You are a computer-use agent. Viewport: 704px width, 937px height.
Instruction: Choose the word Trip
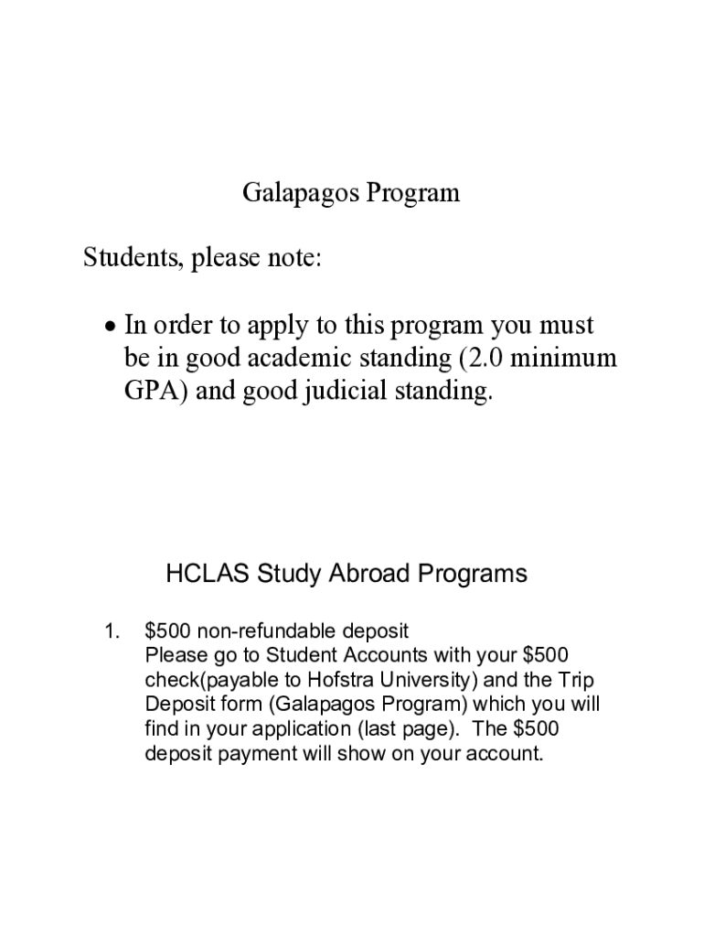pyautogui.click(x=581, y=680)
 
